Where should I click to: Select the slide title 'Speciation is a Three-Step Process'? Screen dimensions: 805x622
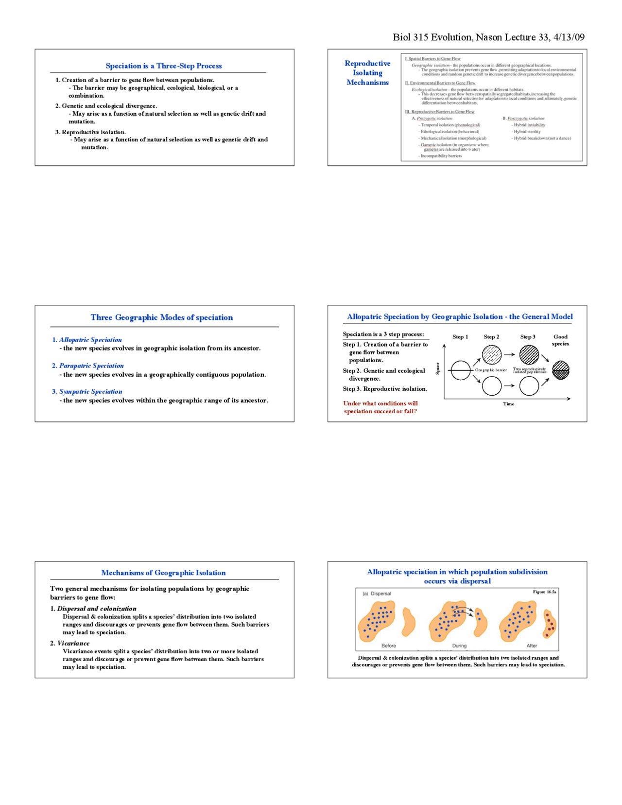tap(164, 66)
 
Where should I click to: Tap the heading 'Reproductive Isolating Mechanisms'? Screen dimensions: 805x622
tap(367, 73)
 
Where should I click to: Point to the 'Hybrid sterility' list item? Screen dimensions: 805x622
tap(527, 132)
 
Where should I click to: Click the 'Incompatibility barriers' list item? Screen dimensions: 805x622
tap(441, 156)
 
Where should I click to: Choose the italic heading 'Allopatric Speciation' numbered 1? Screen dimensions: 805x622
tap(90, 340)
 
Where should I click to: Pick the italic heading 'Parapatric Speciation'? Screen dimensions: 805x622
tap(91, 366)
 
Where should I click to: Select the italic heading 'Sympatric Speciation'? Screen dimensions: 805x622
tap(91, 391)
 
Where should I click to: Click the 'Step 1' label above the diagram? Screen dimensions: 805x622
tap(460, 337)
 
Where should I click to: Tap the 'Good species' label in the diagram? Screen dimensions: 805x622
tap(560, 340)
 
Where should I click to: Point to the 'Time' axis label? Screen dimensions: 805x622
tap(509, 404)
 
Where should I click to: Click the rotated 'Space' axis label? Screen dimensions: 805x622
tap(438, 368)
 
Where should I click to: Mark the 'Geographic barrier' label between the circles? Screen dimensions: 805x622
tap(491, 370)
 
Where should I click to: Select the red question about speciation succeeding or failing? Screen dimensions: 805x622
tap(380, 407)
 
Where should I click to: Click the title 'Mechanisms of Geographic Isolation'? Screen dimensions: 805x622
tap(163, 573)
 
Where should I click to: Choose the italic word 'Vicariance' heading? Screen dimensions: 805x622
tap(73, 643)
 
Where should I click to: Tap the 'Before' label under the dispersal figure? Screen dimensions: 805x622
tap(389, 646)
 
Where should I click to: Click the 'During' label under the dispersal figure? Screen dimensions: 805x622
tap(459, 646)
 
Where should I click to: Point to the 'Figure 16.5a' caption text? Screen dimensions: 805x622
tap(544, 592)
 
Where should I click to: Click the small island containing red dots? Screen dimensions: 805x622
tap(549, 623)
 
